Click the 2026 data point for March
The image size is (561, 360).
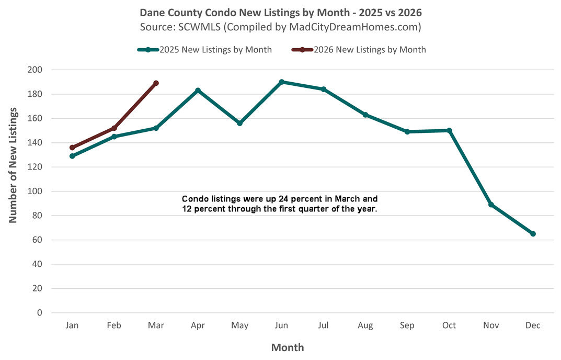(156, 83)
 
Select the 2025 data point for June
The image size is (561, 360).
(281, 82)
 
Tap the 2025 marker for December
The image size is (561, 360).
(533, 234)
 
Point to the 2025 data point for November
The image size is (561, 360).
(491, 205)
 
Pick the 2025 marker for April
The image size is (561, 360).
(198, 91)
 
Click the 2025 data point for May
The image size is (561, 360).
(239, 123)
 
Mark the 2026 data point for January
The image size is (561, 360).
(72, 148)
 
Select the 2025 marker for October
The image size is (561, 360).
(449, 130)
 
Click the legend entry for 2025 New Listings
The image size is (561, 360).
(204, 50)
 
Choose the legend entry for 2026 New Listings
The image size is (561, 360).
(359, 50)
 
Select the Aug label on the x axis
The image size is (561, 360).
(365, 325)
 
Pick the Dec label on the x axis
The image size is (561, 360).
(533, 325)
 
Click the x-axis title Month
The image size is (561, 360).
(287, 347)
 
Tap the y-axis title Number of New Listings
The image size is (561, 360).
(13, 165)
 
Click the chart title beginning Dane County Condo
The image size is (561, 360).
(280, 12)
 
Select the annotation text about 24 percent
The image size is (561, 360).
(279, 204)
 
